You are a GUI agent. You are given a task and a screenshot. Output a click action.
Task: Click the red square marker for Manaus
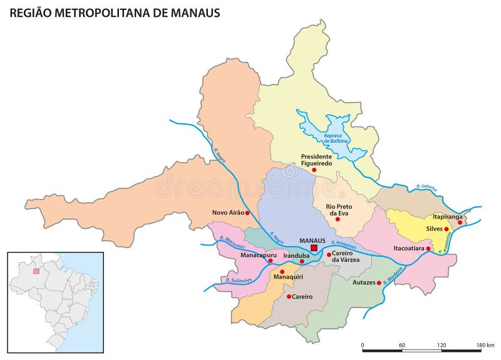tap(314, 249)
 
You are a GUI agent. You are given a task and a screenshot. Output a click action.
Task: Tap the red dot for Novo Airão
tap(247, 213)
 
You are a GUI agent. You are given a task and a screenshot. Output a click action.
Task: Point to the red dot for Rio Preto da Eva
tap(338, 219)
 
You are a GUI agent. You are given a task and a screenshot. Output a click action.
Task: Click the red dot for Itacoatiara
tap(428, 249)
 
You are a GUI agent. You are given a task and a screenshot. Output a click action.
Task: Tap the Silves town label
tap(435, 229)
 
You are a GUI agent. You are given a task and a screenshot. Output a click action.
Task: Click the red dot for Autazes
tap(379, 283)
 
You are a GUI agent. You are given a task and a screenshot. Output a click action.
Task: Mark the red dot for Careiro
tap(289, 296)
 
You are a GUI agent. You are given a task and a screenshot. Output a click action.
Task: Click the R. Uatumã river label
tap(427, 187)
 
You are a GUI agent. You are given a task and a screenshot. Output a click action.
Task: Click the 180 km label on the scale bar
tap(485, 346)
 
